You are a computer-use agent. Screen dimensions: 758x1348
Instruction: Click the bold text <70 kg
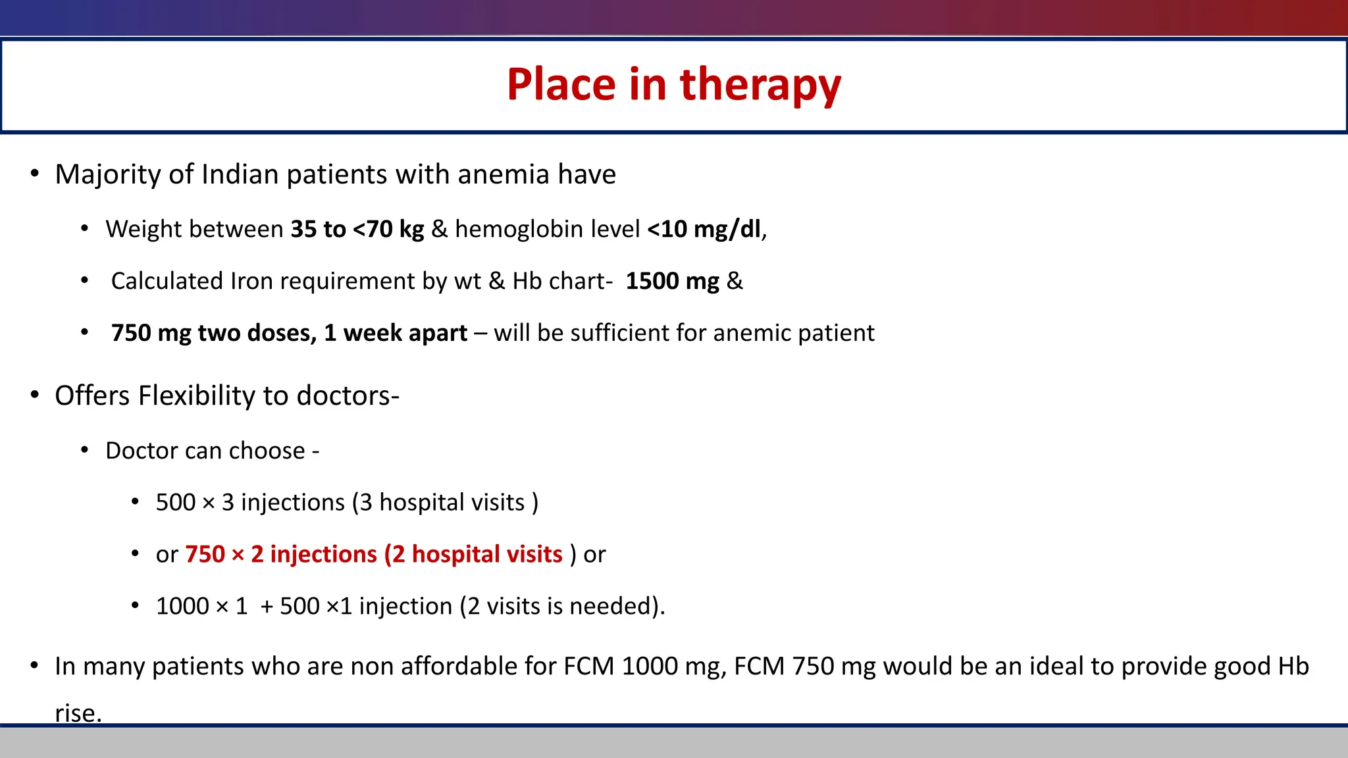pos(388,229)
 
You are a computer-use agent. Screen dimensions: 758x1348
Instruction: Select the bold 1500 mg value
pos(672,281)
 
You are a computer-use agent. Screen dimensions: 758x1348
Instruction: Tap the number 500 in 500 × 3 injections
pos(176,503)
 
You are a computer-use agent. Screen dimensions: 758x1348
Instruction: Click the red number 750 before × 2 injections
pos(205,555)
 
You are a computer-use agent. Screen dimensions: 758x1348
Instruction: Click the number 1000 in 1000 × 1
pos(182,606)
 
